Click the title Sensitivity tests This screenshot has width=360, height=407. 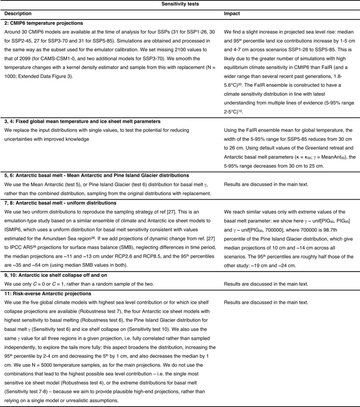180,4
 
